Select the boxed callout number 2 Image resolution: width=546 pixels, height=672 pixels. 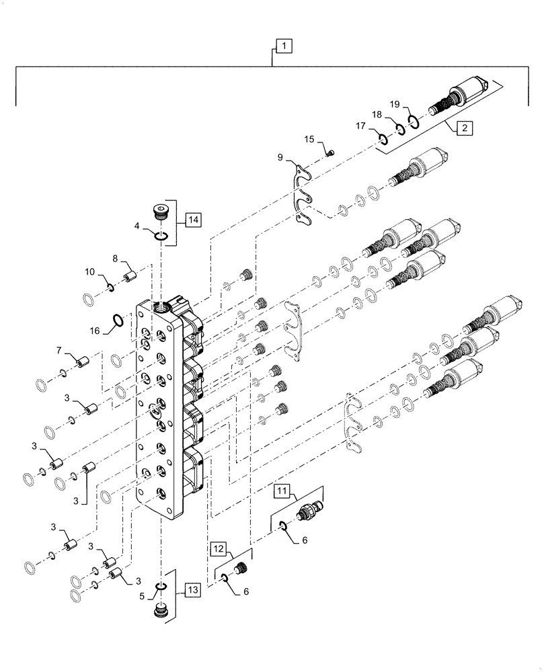tap(463, 126)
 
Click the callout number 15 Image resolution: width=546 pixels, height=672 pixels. tap(309, 139)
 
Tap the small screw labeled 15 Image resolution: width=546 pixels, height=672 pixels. tap(330, 153)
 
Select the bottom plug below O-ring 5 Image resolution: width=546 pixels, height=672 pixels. tap(162, 612)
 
